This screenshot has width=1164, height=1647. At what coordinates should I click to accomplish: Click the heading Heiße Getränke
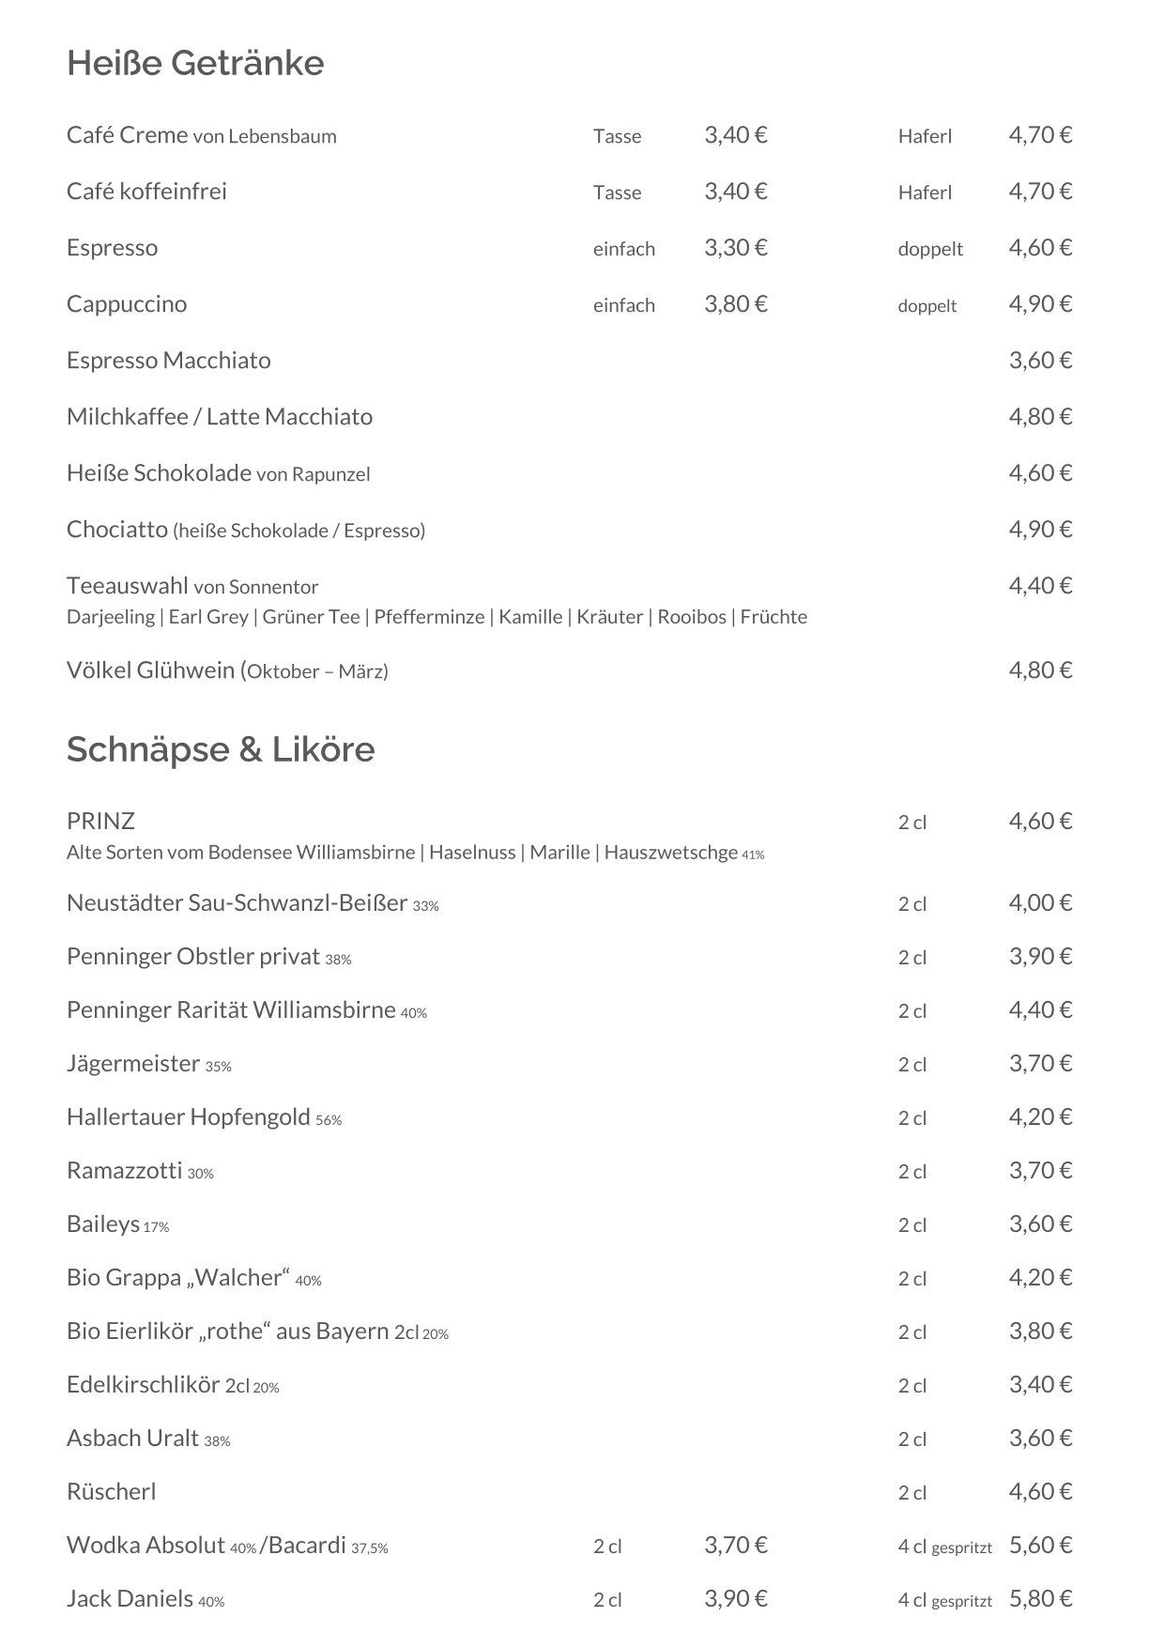pyautogui.click(x=195, y=64)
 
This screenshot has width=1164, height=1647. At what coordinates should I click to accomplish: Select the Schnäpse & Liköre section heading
pyautogui.click(x=221, y=749)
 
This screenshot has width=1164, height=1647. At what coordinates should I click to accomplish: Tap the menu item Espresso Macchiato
pyautogui.click(x=169, y=361)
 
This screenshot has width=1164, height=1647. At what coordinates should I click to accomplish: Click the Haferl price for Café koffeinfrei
pyautogui.click(x=1040, y=192)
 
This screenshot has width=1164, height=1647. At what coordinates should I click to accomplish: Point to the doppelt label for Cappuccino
pyautogui.click(x=927, y=306)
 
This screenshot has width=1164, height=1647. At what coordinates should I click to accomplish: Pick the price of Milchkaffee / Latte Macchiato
pyautogui.click(x=1040, y=417)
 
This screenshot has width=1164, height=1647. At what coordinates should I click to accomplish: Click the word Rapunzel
pyautogui.click(x=330, y=474)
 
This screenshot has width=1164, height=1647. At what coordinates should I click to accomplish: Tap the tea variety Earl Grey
pyautogui.click(x=208, y=617)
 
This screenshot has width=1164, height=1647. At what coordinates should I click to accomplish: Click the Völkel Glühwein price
pyautogui.click(x=1040, y=670)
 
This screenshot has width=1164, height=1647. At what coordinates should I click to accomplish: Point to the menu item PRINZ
pyautogui.click(x=100, y=822)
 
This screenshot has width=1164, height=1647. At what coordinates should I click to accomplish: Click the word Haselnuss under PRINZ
pyautogui.click(x=472, y=853)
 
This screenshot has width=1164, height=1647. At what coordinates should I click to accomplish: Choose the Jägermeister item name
pyautogui.click(x=133, y=1064)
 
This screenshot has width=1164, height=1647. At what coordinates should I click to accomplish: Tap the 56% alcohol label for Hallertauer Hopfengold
pyautogui.click(x=329, y=1120)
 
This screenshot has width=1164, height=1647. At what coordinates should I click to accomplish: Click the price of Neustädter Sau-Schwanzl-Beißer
pyautogui.click(x=1040, y=903)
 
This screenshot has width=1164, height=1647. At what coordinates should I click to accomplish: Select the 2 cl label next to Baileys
pyautogui.click(x=911, y=1225)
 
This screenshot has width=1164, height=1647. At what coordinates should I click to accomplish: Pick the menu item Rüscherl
pyautogui.click(x=111, y=1492)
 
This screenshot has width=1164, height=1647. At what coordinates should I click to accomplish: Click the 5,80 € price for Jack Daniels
pyautogui.click(x=1040, y=1599)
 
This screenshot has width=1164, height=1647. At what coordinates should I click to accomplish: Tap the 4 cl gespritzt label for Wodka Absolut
pyautogui.click(x=944, y=1547)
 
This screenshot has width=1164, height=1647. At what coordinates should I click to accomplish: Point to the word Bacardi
pyautogui.click(x=307, y=1546)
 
